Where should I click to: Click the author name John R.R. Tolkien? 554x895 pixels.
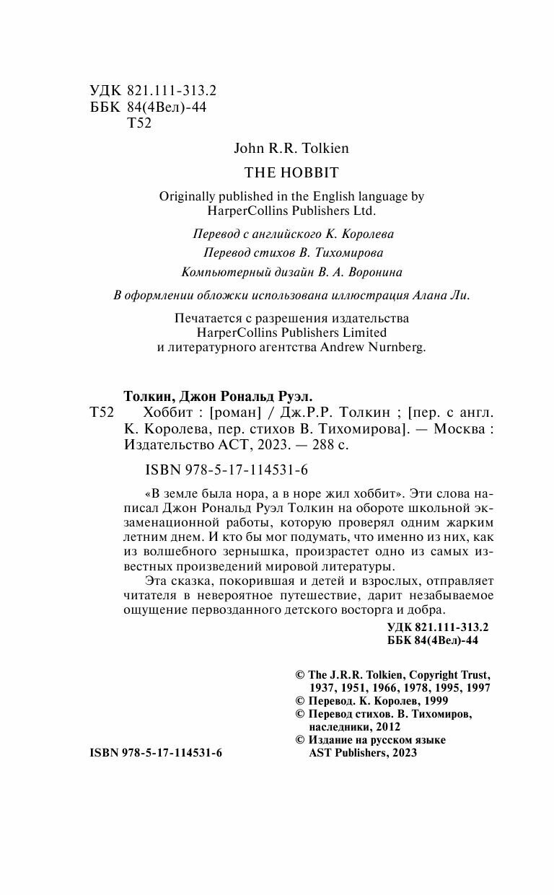(x=291, y=148)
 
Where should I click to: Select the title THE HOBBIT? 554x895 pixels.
(x=291, y=172)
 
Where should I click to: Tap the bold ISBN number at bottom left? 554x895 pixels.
(x=156, y=752)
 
